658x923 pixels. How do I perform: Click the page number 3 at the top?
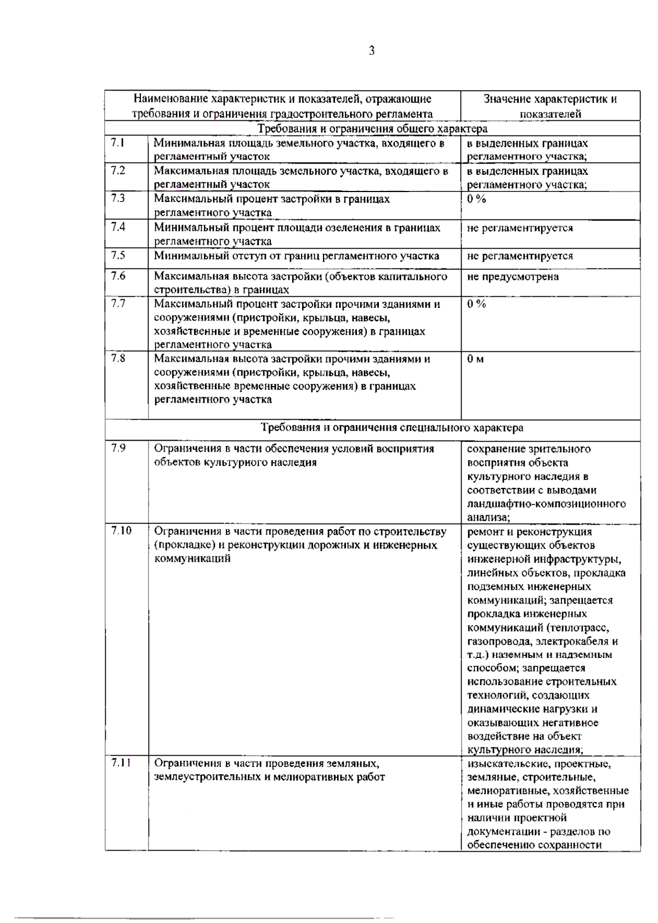372,51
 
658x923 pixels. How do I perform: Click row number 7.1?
118,143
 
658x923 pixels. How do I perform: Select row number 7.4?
118,227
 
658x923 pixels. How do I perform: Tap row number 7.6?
118,275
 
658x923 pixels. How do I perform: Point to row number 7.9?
118,448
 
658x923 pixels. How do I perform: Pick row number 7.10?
121,531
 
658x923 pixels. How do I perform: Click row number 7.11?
121,763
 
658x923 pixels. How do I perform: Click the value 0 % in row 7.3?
477,199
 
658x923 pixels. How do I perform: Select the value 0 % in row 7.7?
477,303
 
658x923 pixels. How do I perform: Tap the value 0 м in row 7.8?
475,359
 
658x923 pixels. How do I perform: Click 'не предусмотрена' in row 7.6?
513,277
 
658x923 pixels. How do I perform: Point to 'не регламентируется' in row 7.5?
520,256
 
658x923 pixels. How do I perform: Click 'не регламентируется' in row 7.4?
520,228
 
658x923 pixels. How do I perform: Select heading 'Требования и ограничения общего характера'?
372,128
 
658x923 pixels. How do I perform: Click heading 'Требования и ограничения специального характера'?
392,427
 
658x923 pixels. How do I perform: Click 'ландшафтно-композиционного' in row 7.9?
546,504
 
